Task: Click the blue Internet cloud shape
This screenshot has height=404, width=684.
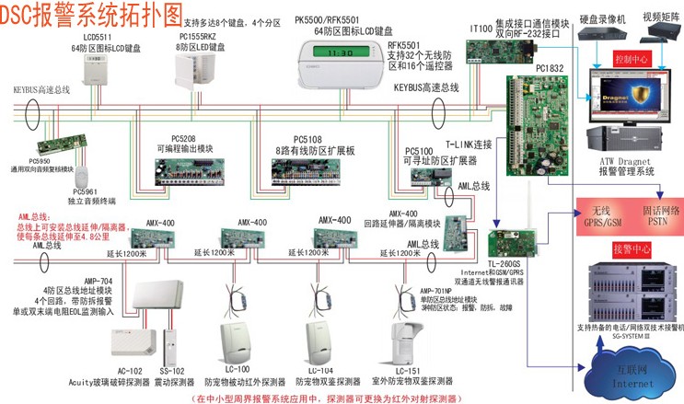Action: click(628, 375)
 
